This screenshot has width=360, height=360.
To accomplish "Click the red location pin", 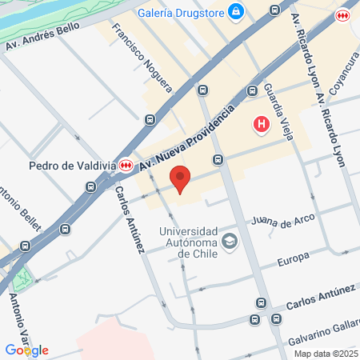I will pos(181,178).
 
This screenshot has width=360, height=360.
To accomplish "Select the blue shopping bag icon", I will pos(236,11).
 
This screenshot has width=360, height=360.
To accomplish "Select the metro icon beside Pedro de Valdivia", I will pos(126,165).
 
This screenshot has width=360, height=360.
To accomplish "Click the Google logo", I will pos(26,350).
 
